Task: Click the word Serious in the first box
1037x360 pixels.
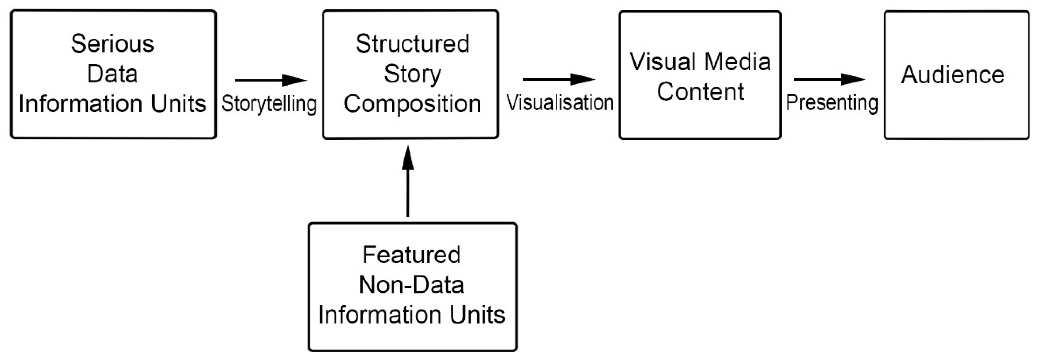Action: [x=112, y=44]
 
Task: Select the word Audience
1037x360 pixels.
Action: [x=952, y=75]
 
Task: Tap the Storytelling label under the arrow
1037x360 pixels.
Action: [x=269, y=104]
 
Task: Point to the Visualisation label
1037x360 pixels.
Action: [x=559, y=103]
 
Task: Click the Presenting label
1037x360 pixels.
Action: [x=832, y=103]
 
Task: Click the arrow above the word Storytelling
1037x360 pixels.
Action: [x=271, y=80]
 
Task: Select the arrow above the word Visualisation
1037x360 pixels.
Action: [x=559, y=79]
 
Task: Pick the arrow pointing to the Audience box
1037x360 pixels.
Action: [x=829, y=79]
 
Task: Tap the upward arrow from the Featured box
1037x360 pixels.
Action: [x=408, y=181]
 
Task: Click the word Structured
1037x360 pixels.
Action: [x=412, y=44]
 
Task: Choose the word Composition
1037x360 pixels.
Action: [x=412, y=104]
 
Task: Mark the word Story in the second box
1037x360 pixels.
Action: [x=412, y=74]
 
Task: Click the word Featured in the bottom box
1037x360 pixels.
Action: [x=411, y=255]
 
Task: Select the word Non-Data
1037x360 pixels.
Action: [x=411, y=285]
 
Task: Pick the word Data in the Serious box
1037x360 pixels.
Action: [x=112, y=74]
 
